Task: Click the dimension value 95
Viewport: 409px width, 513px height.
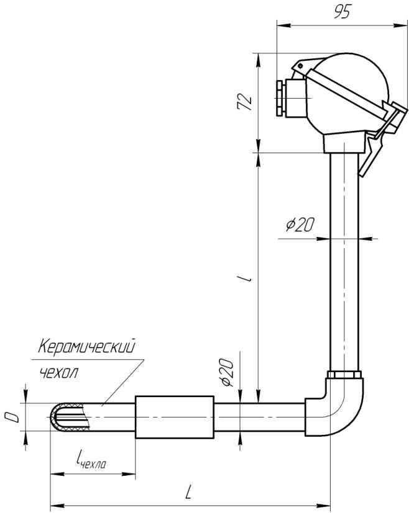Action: pyautogui.click(x=341, y=14)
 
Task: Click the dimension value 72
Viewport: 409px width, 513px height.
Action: pyautogui.click(x=247, y=102)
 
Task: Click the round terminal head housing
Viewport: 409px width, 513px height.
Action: pyautogui.click(x=348, y=87)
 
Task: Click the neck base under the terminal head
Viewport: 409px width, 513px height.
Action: pyautogui.click(x=344, y=144)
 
